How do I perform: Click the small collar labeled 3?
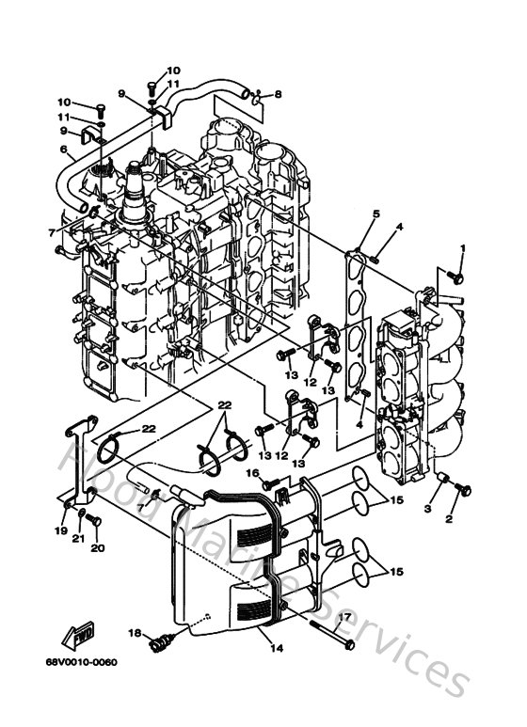(x=439, y=482)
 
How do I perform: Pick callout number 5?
(x=375, y=215)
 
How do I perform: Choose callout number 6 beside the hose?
(x=64, y=150)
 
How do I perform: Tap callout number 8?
(x=278, y=94)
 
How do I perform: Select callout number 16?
(x=252, y=473)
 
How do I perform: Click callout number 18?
(x=134, y=634)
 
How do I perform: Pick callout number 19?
(x=60, y=530)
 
